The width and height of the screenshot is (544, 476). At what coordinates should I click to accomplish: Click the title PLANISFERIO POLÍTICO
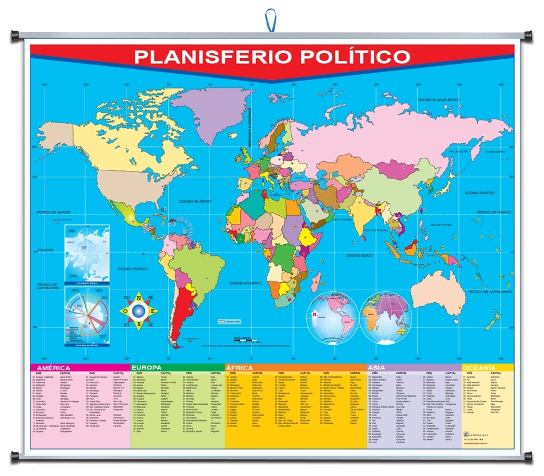272,58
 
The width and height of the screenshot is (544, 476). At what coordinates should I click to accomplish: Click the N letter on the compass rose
138,297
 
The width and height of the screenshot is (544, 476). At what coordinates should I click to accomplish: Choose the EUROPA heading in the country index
147,368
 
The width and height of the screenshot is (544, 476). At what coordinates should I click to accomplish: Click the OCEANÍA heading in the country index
479,368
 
